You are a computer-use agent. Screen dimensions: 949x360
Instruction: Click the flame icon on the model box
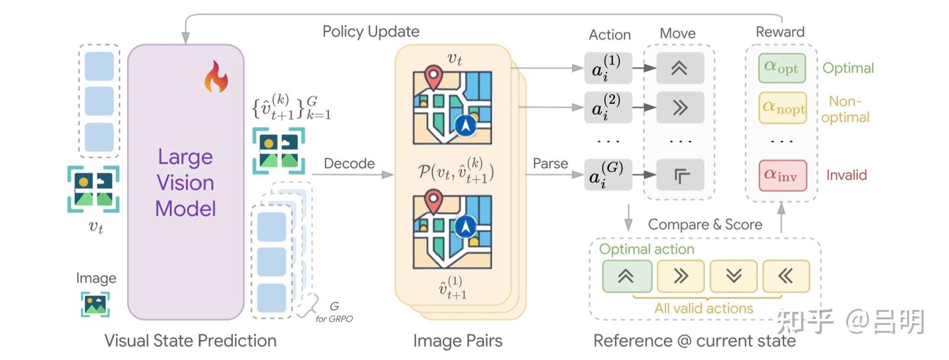216,76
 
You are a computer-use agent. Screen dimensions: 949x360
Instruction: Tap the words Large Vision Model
186,183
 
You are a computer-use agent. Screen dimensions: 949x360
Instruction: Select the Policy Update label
370,32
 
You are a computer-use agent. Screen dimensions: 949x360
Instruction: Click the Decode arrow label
349,164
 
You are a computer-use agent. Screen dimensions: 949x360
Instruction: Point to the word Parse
550,164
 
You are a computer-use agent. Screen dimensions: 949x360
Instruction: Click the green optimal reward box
782,68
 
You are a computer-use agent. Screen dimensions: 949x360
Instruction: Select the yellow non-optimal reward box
782,107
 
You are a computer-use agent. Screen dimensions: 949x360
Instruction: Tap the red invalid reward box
782,175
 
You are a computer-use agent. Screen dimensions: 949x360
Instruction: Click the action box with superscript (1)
608,68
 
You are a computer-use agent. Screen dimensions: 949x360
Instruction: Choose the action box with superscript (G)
608,174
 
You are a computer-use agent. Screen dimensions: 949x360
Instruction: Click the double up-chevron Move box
680,68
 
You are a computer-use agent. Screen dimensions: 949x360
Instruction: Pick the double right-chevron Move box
680,107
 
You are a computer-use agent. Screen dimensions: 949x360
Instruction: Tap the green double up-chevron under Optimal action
627,276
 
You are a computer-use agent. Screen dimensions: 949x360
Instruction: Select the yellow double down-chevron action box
733,276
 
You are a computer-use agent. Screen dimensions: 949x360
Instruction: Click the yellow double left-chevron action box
786,276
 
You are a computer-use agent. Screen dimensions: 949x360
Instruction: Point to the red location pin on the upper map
433,76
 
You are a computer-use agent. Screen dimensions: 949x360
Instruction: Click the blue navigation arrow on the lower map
465,226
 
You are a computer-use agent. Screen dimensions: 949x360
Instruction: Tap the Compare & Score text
705,224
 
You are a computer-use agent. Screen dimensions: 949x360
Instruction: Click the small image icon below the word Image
96,304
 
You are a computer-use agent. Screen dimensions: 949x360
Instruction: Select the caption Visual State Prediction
190,340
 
